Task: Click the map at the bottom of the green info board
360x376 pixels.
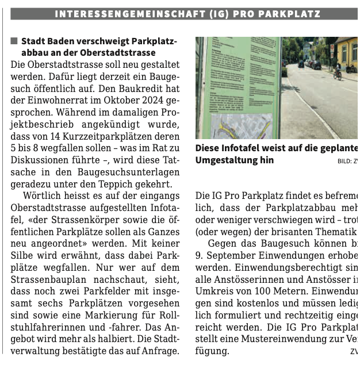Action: tap(241, 126)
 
